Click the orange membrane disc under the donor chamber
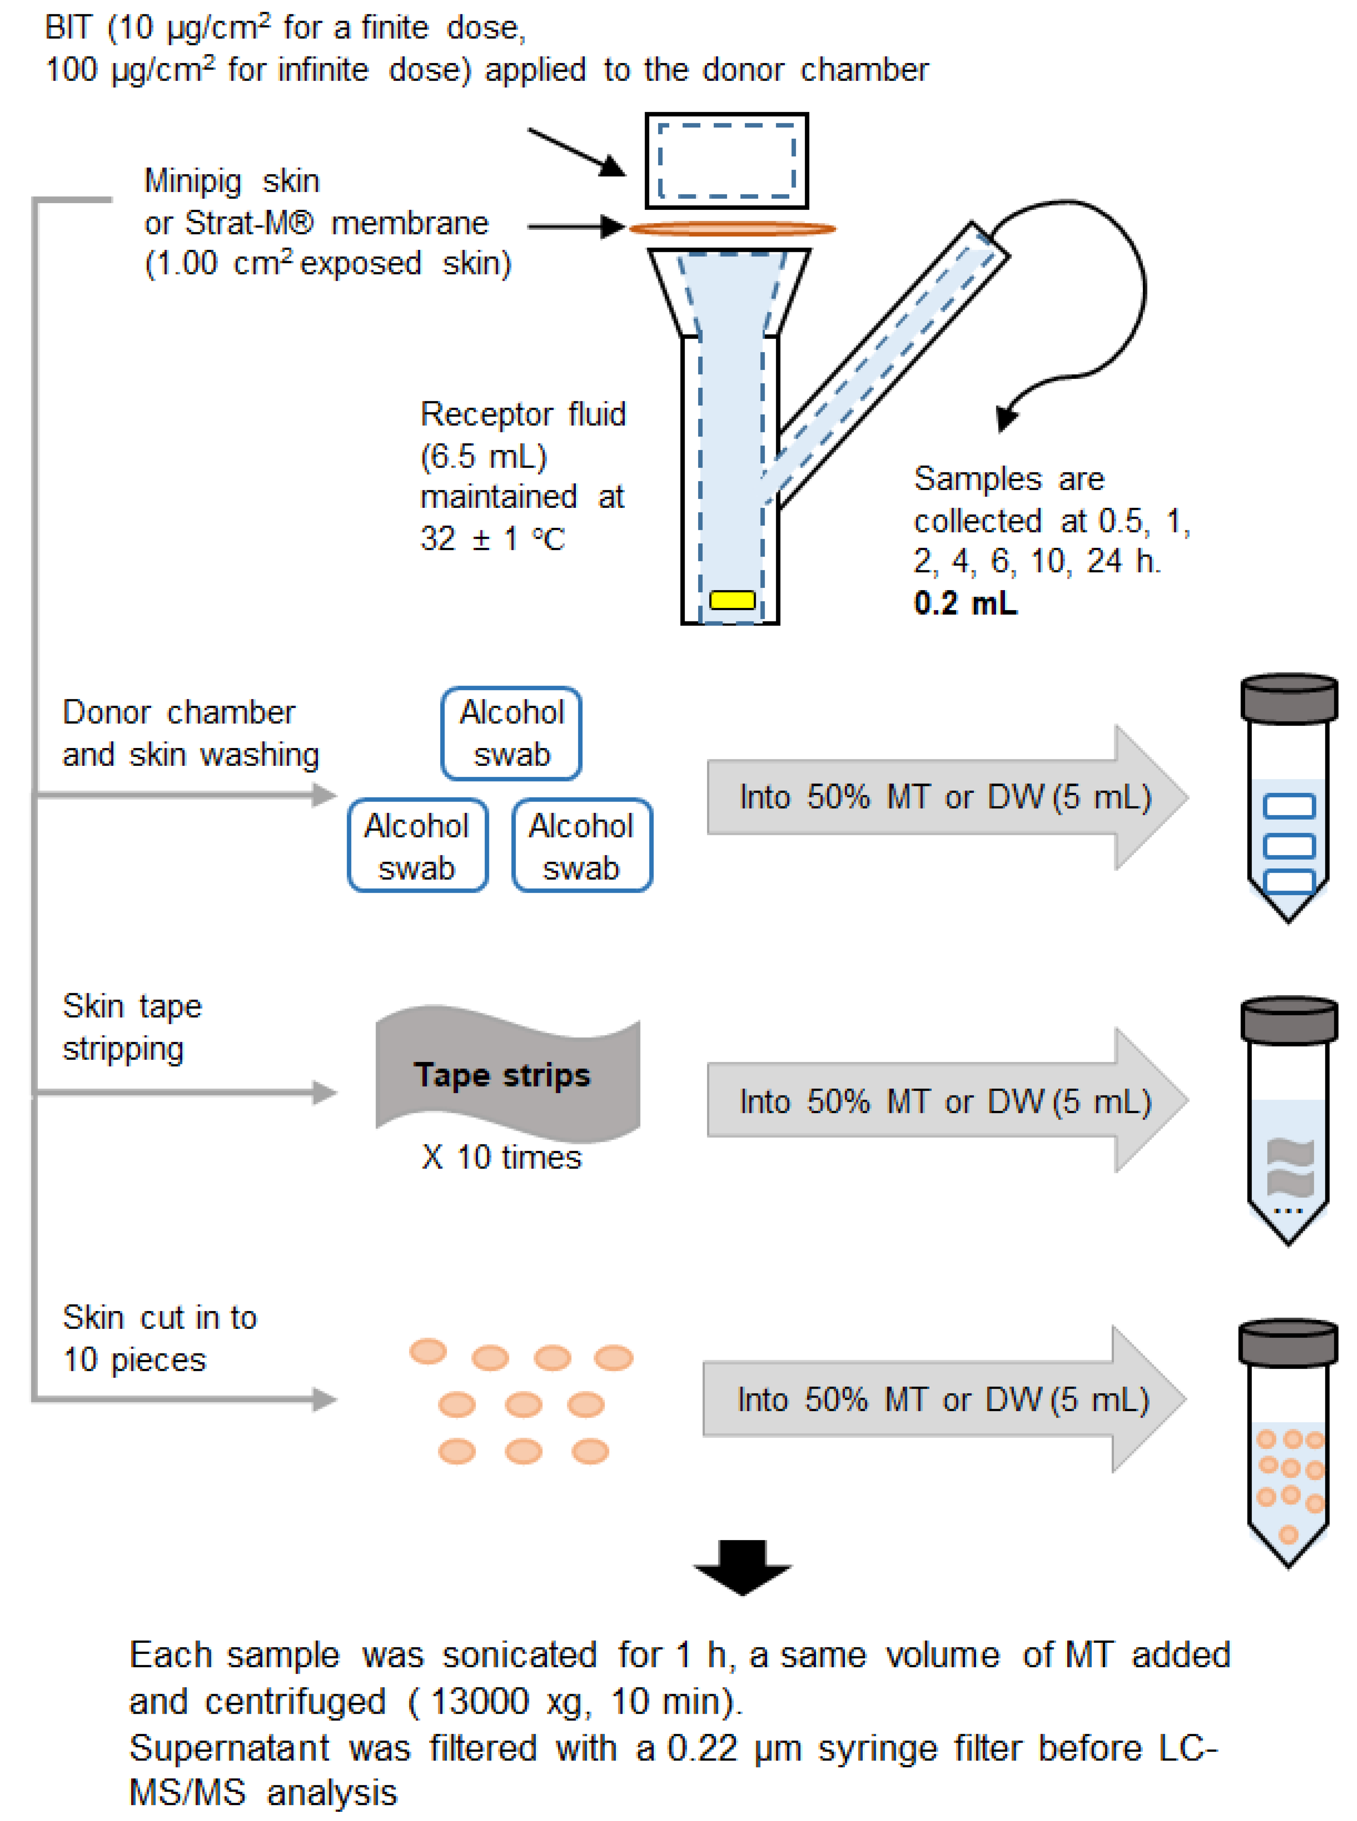click(x=732, y=228)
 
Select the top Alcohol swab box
click(x=511, y=733)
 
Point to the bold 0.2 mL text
click(x=965, y=603)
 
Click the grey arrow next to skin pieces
click(x=943, y=1399)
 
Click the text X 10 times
click(x=501, y=1157)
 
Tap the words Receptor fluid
click(x=522, y=414)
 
